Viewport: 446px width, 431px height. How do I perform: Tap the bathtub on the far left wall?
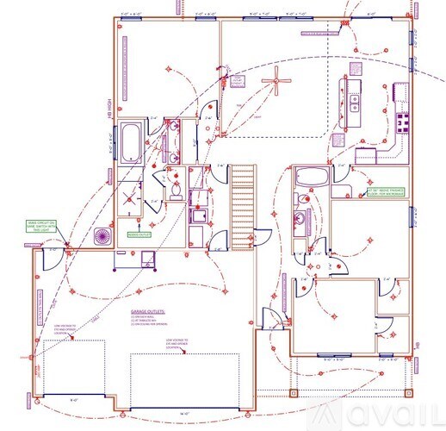[x=132, y=143]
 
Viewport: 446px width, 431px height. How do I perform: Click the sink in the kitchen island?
[x=355, y=101]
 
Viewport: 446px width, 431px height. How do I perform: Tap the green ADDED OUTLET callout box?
[x=138, y=234]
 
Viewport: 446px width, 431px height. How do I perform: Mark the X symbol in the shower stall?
[x=130, y=196]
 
